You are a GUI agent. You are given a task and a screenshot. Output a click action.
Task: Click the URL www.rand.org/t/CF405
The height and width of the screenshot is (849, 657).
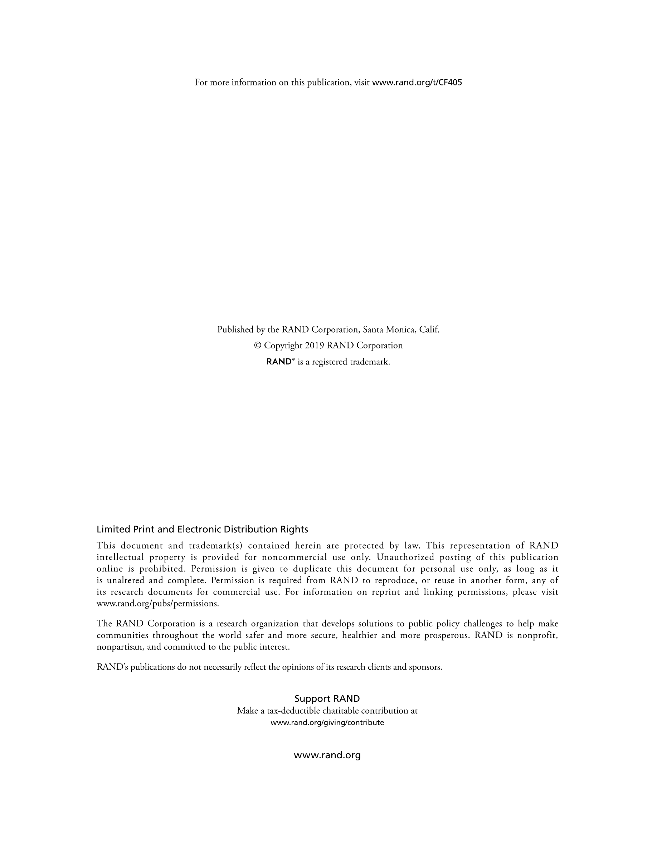(x=417, y=83)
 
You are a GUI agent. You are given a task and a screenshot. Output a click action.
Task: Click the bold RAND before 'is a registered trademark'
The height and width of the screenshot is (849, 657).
(x=279, y=362)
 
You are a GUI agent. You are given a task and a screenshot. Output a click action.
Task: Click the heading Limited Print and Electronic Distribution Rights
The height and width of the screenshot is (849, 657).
(x=202, y=529)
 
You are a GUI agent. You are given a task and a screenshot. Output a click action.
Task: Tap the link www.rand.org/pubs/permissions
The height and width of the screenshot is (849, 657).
(x=158, y=604)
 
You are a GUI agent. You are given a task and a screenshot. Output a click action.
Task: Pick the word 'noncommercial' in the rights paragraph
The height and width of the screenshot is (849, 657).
(x=295, y=557)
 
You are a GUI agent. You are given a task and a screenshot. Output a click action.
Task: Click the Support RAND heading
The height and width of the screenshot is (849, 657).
(x=327, y=699)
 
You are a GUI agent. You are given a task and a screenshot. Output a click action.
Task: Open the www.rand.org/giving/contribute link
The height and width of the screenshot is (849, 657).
(x=327, y=723)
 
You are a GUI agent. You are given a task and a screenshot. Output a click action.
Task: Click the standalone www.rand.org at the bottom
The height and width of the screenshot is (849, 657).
(x=327, y=755)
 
